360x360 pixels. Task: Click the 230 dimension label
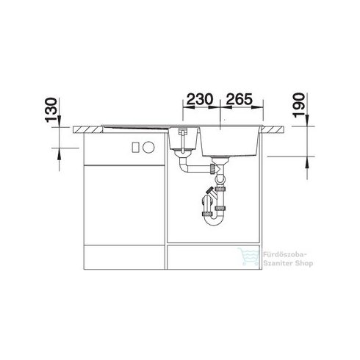[x=200, y=99]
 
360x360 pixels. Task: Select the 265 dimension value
[x=239, y=99]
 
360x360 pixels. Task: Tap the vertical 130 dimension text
[x=51, y=110]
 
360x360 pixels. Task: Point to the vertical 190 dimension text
[x=299, y=105]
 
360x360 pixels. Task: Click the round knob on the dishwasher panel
[x=149, y=148]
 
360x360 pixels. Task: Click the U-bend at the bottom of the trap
[x=214, y=220]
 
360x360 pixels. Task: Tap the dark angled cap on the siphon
[x=209, y=190]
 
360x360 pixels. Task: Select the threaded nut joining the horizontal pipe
[x=212, y=168]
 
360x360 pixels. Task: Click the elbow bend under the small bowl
[x=183, y=168]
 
